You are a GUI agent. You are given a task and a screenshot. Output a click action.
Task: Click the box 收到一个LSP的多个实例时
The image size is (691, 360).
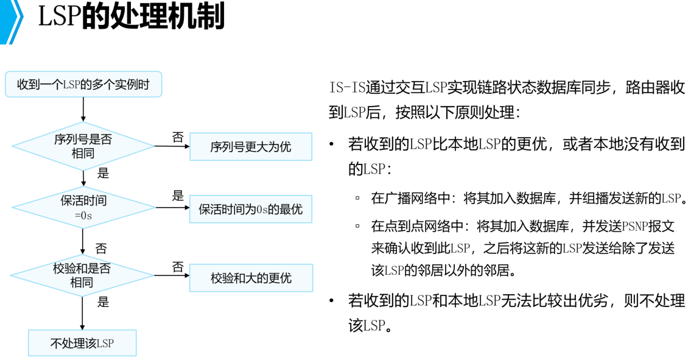pos(83,84)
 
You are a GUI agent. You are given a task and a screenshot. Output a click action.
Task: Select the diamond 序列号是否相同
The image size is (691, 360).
pos(83,146)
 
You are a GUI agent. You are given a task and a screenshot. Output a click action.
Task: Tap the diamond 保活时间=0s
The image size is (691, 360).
pos(83,208)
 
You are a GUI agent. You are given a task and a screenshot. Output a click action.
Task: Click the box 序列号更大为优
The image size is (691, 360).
pos(250,147)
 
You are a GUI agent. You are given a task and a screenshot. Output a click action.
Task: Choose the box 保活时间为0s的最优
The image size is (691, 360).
pos(250,210)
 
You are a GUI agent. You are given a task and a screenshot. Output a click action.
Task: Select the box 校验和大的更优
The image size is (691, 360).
pos(251,278)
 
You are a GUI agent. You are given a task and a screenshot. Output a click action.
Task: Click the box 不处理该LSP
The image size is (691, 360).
pos(82,344)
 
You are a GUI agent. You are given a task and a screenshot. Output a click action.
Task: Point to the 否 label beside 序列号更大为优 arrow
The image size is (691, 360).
pos(177,137)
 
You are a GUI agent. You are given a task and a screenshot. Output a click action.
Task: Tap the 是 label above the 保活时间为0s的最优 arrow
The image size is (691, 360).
pos(177,196)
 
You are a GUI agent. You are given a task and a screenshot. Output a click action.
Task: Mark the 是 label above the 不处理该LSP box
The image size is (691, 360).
pos(103,302)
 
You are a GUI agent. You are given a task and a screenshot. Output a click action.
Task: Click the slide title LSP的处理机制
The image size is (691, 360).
pos(131,16)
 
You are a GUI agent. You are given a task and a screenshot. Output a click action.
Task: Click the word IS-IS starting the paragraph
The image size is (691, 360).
pos(346,87)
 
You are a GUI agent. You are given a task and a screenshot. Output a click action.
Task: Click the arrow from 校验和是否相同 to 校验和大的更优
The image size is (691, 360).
pos(172,275)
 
